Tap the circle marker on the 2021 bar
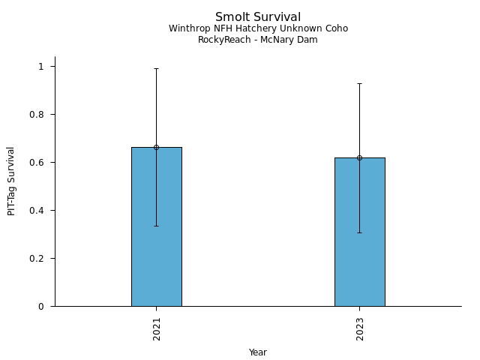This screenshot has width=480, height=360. click(x=156, y=147)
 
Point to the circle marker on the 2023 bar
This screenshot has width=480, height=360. click(x=359, y=157)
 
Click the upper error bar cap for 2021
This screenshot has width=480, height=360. click(x=156, y=69)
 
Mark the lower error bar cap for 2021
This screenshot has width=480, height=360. click(x=156, y=226)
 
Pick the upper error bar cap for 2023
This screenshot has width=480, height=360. click(x=359, y=83)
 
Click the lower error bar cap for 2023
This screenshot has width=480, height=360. click(x=359, y=232)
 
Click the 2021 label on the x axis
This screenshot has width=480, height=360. click(x=157, y=330)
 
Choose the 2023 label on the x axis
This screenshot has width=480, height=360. click(x=360, y=330)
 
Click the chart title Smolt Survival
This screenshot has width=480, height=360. click(x=258, y=17)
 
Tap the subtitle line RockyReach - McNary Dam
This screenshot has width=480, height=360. click(x=258, y=40)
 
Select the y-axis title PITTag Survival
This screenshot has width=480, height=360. click(x=11, y=181)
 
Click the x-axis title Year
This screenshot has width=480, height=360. click(x=258, y=352)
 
